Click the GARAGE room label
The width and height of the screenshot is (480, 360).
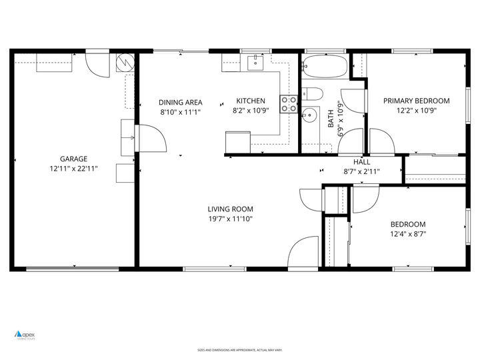click(x=73, y=159)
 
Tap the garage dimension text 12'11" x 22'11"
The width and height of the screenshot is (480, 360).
click(x=73, y=169)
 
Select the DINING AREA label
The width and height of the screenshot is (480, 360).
click(x=180, y=102)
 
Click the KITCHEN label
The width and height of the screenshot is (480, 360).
click(x=251, y=101)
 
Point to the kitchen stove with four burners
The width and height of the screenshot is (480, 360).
click(x=289, y=104)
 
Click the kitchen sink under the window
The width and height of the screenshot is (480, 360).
click(x=255, y=63)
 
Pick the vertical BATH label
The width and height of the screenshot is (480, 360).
click(x=331, y=119)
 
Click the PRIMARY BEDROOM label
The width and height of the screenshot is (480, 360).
click(x=416, y=101)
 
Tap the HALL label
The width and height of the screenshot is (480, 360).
click(x=361, y=162)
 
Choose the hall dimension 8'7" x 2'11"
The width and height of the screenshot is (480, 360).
click(x=361, y=171)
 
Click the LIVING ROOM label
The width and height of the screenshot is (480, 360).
click(x=230, y=209)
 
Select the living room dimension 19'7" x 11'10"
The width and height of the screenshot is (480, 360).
click(x=230, y=219)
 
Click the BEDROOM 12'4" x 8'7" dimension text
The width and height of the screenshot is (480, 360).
click(x=407, y=234)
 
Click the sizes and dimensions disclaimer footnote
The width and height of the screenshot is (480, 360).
click(x=239, y=350)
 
